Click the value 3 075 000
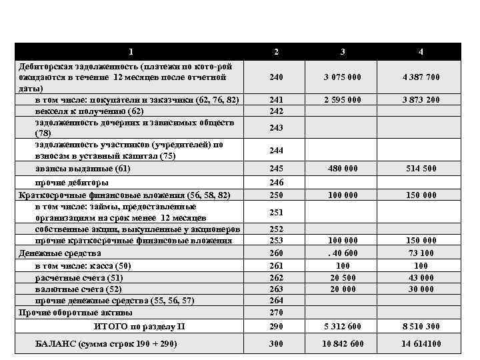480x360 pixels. (343, 77)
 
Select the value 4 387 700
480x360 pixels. (421, 77)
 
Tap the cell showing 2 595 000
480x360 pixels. (343, 100)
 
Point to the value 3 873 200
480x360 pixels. (421, 100)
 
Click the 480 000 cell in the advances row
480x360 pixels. (343, 169)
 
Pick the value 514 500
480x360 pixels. (421, 169)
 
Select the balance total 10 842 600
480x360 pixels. (343, 345)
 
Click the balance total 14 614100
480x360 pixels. (421, 345)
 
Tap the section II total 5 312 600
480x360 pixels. (343, 327)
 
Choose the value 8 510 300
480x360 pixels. (421, 327)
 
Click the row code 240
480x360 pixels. (277, 77)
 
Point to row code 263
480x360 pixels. (277, 289)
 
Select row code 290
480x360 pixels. (277, 327)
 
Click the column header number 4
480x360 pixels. (421, 51)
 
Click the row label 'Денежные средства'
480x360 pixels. (60, 253)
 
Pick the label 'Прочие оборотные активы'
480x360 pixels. (75, 312)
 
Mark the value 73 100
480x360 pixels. (421, 253)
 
